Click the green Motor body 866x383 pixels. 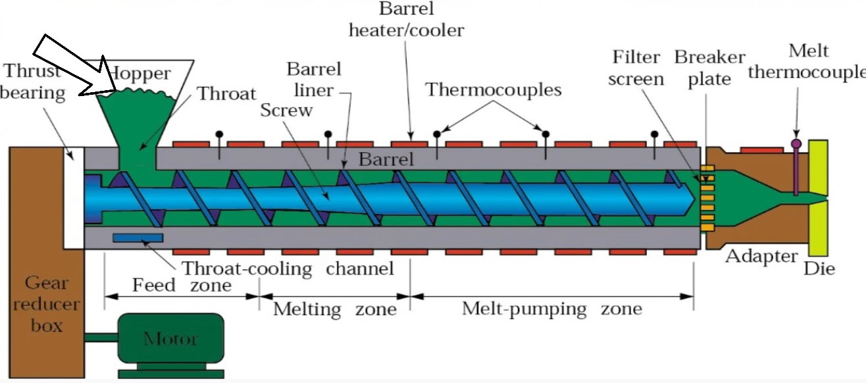(170, 338)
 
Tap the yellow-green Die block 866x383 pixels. (818, 198)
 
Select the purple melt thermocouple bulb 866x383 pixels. (796, 144)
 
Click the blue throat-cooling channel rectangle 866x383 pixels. (138, 238)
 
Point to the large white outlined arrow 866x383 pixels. (74, 68)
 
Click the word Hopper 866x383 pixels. (140, 74)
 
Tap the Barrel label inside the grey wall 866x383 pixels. (386, 159)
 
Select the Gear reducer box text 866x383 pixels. (46, 304)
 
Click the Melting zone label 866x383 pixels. (335, 309)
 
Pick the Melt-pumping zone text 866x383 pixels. (551, 309)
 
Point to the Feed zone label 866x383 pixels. (182, 285)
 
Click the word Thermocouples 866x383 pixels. (494, 89)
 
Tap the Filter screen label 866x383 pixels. (636, 68)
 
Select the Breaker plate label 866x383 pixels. (710, 68)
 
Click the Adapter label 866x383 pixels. (761, 256)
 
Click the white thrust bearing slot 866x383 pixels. (74, 198)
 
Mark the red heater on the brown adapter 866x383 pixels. (761, 150)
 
